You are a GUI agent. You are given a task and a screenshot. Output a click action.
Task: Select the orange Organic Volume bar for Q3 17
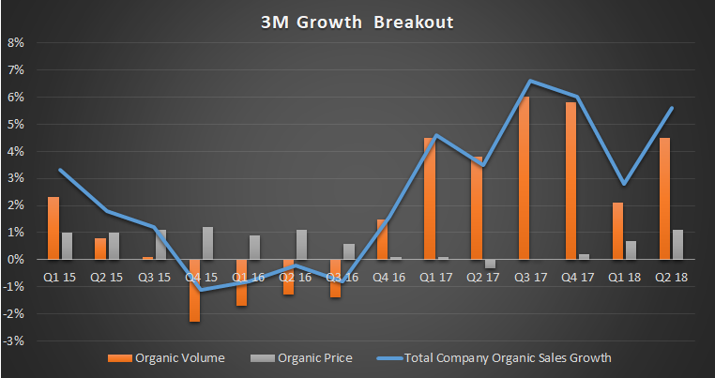coord(524,178)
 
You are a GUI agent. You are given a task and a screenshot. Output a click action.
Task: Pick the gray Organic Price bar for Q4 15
coord(207,243)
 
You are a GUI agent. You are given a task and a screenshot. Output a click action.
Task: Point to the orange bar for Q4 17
coord(570,181)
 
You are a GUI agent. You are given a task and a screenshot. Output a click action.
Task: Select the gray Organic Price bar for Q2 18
coord(677,244)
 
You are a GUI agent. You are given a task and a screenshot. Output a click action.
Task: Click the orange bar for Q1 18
coord(617,231)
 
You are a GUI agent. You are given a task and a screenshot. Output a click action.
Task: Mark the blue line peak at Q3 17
coord(530,81)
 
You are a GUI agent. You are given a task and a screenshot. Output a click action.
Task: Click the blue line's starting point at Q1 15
coord(59,170)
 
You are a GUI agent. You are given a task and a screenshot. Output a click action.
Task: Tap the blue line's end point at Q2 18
coord(672,108)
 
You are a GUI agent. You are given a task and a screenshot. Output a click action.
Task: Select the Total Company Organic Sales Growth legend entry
coord(497,357)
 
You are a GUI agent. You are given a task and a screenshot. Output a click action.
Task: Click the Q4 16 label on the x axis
coord(389,277)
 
